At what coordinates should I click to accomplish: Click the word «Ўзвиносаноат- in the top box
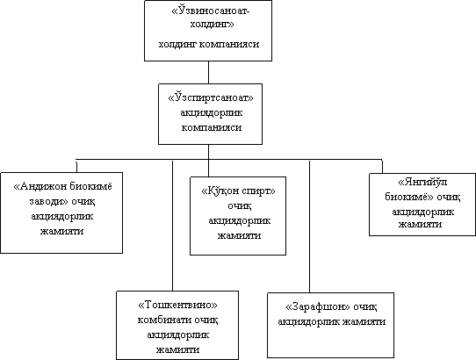(x=211, y=11)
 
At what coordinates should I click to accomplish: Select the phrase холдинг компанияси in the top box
(x=209, y=44)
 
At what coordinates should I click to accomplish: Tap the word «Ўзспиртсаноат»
(x=211, y=97)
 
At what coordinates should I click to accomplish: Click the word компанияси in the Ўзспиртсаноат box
(x=212, y=127)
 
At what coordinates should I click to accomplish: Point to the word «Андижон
(x=40, y=186)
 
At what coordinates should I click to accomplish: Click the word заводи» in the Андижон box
(x=48, y=201)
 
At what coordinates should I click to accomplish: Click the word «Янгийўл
(x=422, y=182)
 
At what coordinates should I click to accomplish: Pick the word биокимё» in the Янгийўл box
(x=409, y=197)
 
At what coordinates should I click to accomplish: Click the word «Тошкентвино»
(x=177, y=305)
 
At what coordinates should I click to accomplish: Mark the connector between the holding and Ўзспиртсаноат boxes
(x=208, y=72)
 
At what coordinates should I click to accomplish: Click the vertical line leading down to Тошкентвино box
(x=172, y=226)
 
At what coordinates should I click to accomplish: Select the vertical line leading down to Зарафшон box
(x=309, y=227)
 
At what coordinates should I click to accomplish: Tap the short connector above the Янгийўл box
(x=382, y=166)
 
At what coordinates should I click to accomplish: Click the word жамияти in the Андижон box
(x=62, y=231)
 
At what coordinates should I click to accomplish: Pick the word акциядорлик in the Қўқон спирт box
(x=239, y=220)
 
